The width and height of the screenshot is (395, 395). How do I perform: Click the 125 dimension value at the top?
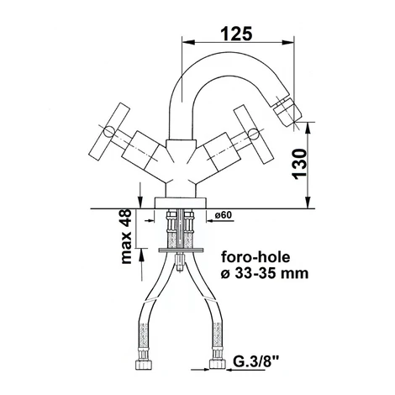point(237,34)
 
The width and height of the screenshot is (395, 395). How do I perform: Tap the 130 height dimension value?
point(299,164)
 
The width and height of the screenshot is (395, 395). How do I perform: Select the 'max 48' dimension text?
point(126,236)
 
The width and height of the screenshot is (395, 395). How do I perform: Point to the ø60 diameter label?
point(224,215)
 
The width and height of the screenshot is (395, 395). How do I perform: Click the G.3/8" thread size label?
point(255,362)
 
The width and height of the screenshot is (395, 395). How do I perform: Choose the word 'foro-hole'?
point(255,257)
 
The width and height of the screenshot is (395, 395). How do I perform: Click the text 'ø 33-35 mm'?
point(265,273)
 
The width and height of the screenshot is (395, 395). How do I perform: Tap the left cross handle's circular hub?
point(109,132)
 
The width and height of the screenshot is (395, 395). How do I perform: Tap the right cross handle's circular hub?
point(254,134)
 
